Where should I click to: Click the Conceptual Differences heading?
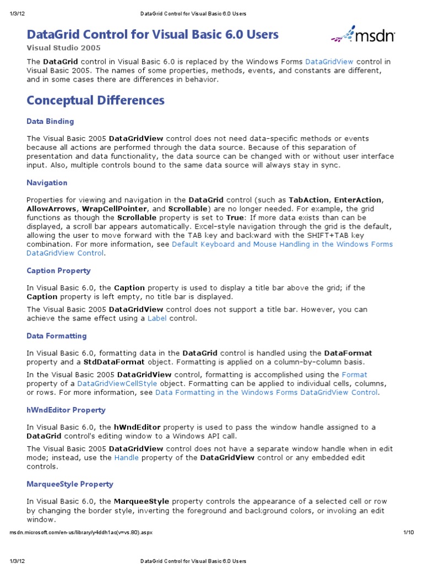(x=96, y=100)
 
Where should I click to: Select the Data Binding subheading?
(x=50, y=121)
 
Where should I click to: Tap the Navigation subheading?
(x=47, y=183)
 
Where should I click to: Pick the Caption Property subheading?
(x=58, y=271)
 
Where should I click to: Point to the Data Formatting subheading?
(x=57, y=336)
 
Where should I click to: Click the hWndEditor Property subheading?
(x=66, y=410)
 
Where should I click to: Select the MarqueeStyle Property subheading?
(x=70, y=484)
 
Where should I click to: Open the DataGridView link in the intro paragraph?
(x=329, y=62)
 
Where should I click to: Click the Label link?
(x=157, y=318)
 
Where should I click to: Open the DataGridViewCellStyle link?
(x=117, y=383)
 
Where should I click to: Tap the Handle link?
(x=127, y=458)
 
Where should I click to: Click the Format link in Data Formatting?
(x=354, y=375)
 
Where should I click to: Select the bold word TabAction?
(x=310, y=200)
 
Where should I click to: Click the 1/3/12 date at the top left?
(x=15, y=13)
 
